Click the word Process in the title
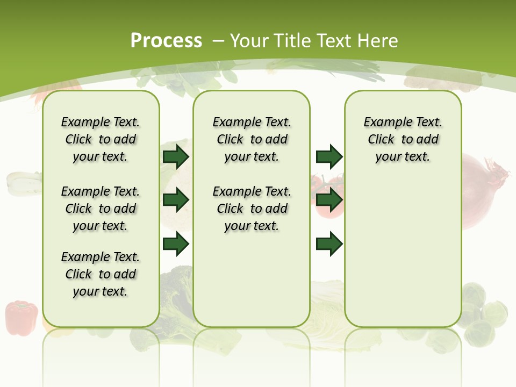pyautogui.click(x=166, y=41)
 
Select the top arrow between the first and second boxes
pyautogui.click(x=176, y=156)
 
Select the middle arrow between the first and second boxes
pyautogui.click(x=176, y=200)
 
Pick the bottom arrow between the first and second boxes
pyautogui.click(x=176, y=243)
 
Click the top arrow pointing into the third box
pyautogui.click(x=329, y=156)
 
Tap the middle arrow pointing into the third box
pyautogui.click(x=329, y=200)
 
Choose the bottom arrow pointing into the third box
pyautogui.click(x=329, y=243)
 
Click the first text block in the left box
pyautogui.click(x=101, y=139)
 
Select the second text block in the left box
pyautogui.click(x=101, y=209)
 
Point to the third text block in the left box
pyautogui.click(x=101, y=274)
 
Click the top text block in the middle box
pyautogui.click(x=252, y=139)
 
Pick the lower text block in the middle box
pyautogui.click(x=252, y=209)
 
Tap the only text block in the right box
pyautogui.click(x=403, y=139)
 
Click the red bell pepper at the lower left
pyautogui.click(x=21, y=318)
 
